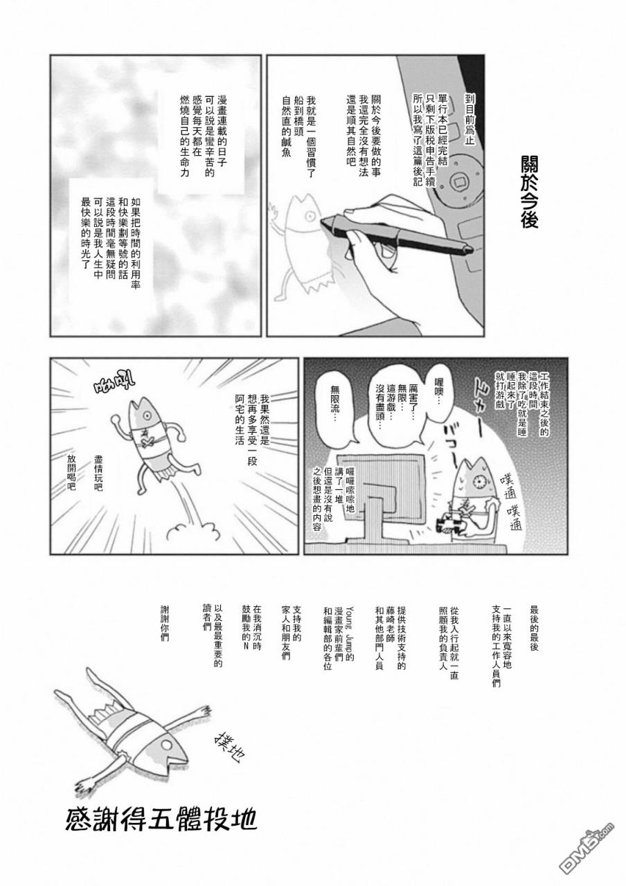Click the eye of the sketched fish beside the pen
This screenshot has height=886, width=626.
click(309, 215)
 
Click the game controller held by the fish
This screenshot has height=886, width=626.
click(451, 524)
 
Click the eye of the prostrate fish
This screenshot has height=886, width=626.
click(167, 745)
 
